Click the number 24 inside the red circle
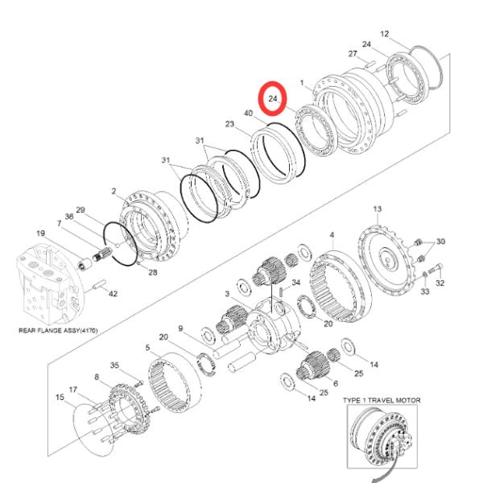click(x=273, y=98)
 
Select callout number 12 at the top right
click(x=384, y=34)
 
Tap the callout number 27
click(x=352, y=54)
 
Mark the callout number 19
click(x=40, y=234)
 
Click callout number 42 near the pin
click(x=113, y=294)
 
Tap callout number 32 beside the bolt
click(x=440, y=283)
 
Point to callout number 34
click(x=295, y=283)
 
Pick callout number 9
click(x=181, y=328)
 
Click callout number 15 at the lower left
click(x=60, y=397)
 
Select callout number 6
click(x=335, y=384)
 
